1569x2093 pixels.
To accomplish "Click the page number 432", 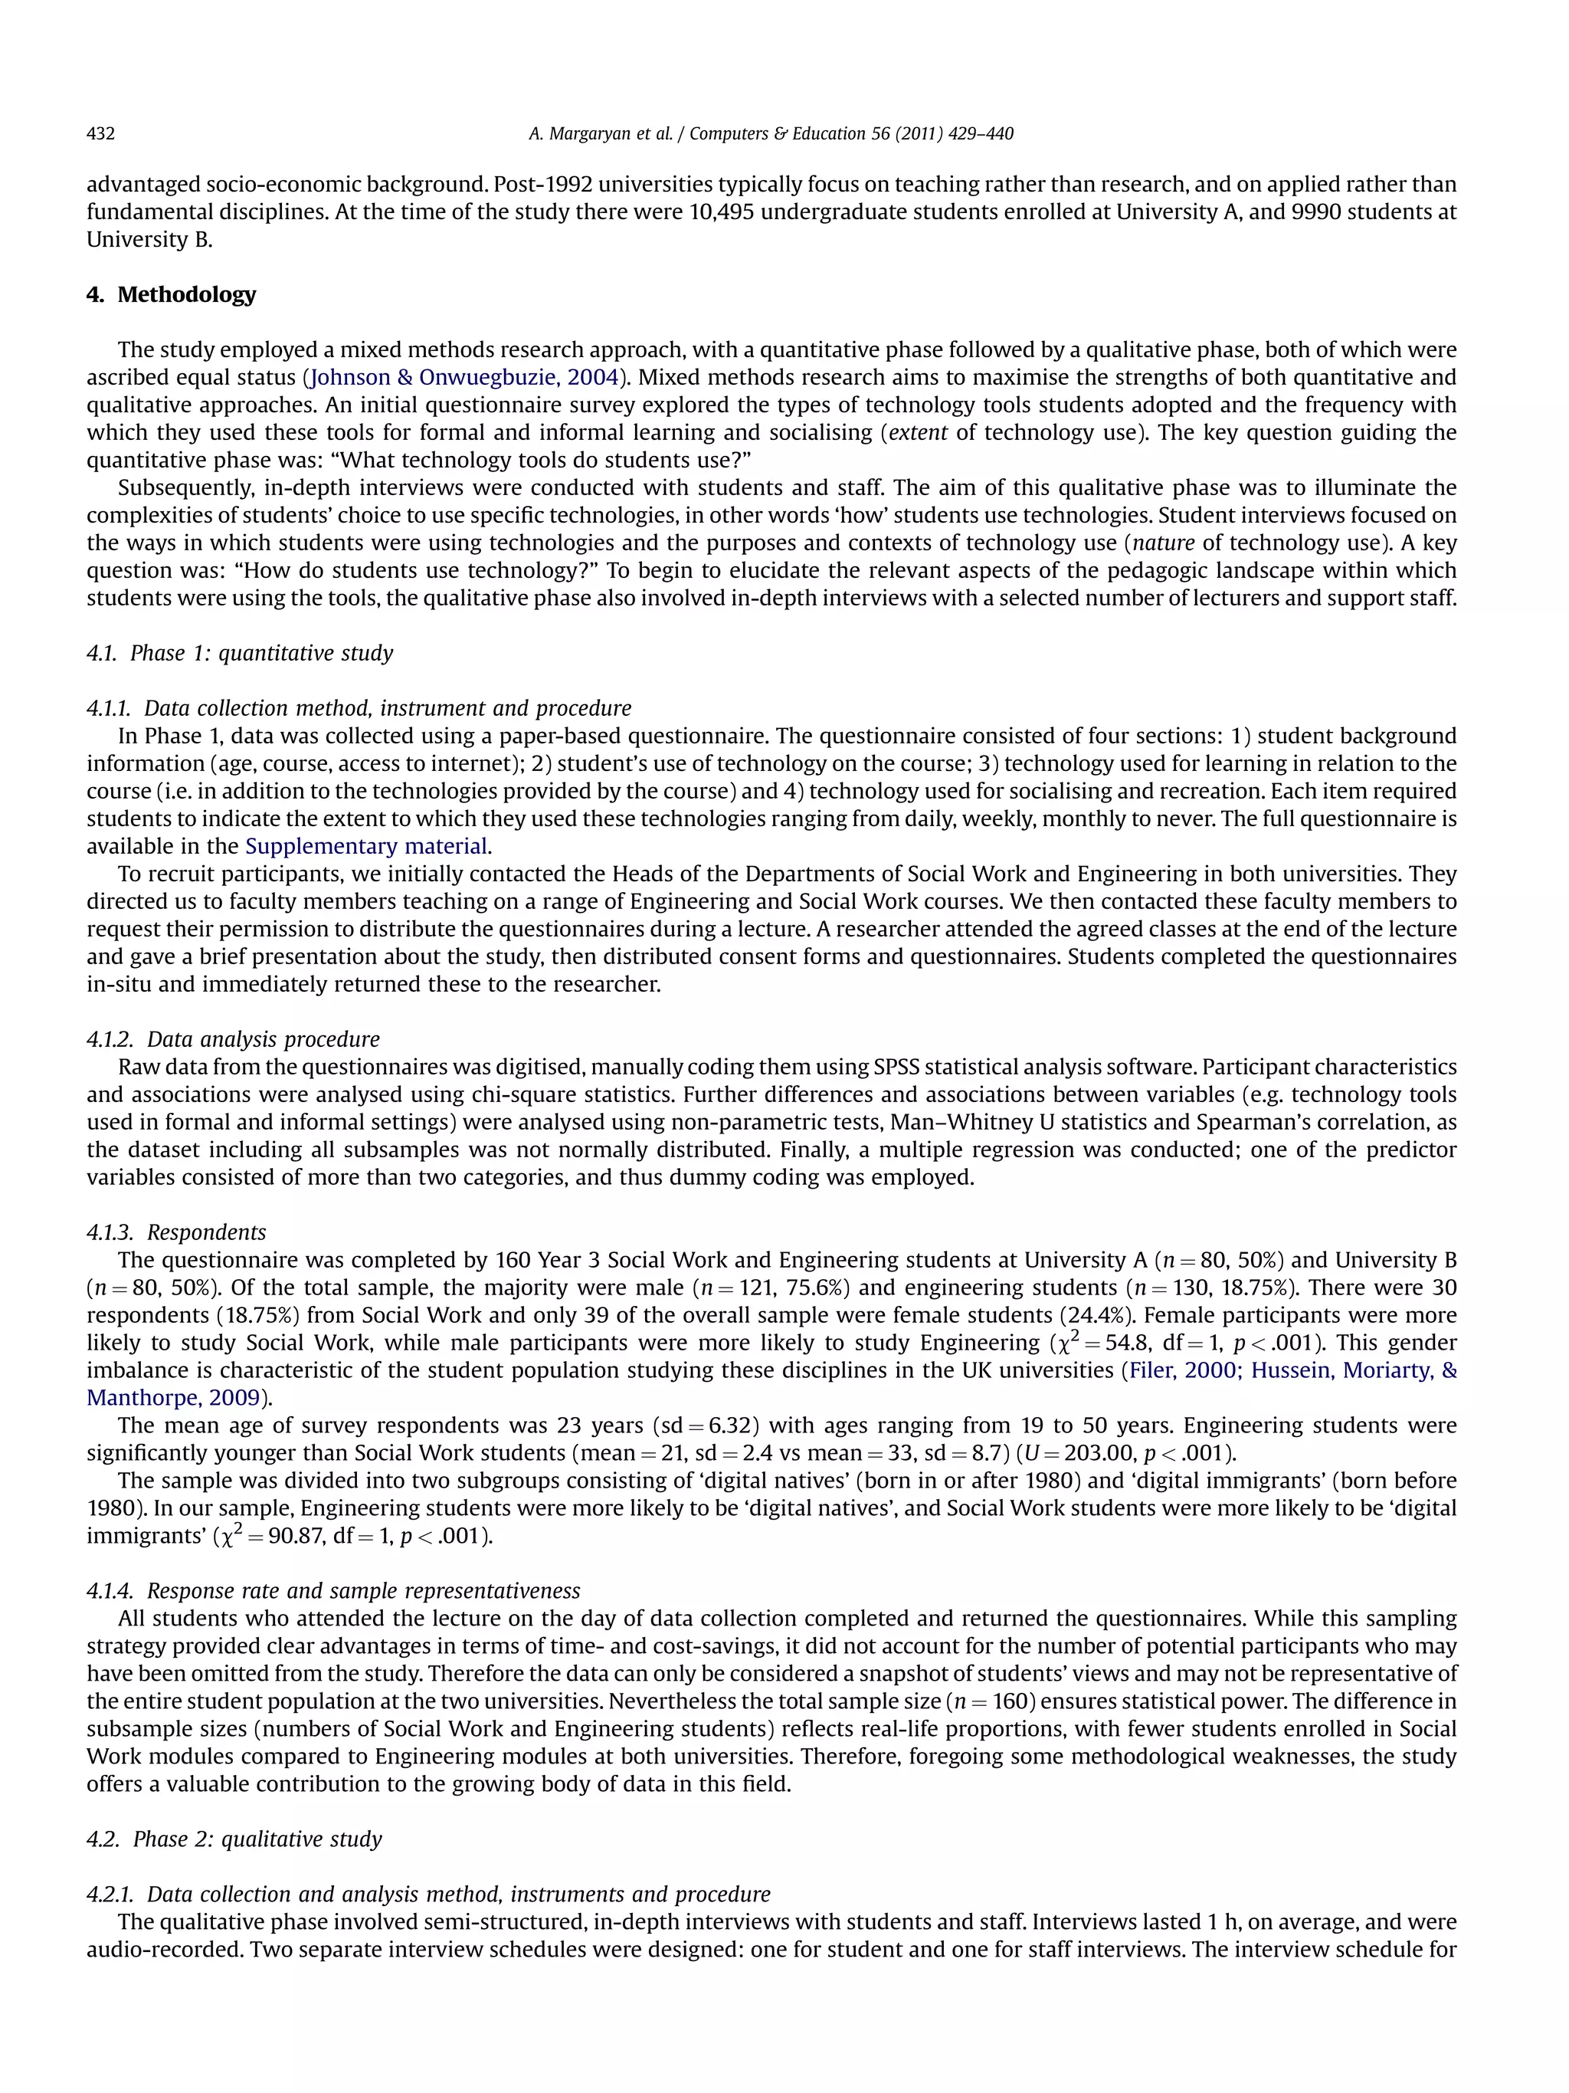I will coord(100,133).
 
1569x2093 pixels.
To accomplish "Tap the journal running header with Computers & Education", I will coord(771,133).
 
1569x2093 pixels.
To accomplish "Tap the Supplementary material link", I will coord(366,846).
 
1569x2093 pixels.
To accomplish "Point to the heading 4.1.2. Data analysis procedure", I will coord(233,1039).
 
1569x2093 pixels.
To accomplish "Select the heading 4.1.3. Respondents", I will coord(176,1232).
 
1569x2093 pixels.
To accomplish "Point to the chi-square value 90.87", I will coord(298,1536).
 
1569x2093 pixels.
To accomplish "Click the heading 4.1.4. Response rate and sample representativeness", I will coord(333,1590).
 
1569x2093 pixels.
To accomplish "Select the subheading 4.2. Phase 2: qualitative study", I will coord(234,1839).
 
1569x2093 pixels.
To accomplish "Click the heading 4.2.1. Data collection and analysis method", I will coord(427,1893).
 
